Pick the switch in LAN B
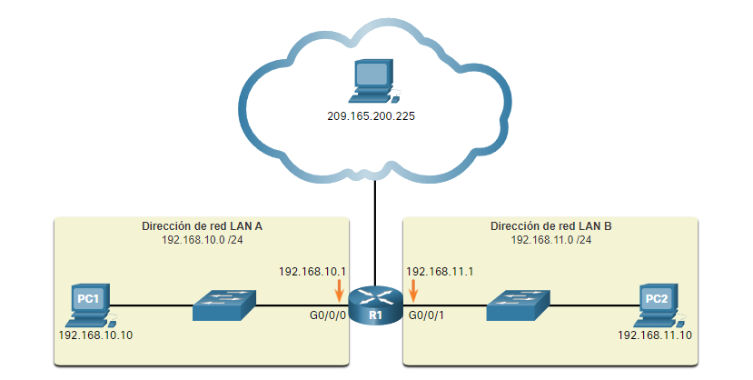point(519,306)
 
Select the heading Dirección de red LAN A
point(202,226)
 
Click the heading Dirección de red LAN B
point(550,226)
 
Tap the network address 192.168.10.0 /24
point(202,240)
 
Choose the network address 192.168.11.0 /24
point(550,240)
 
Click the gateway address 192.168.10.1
point(312,271)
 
